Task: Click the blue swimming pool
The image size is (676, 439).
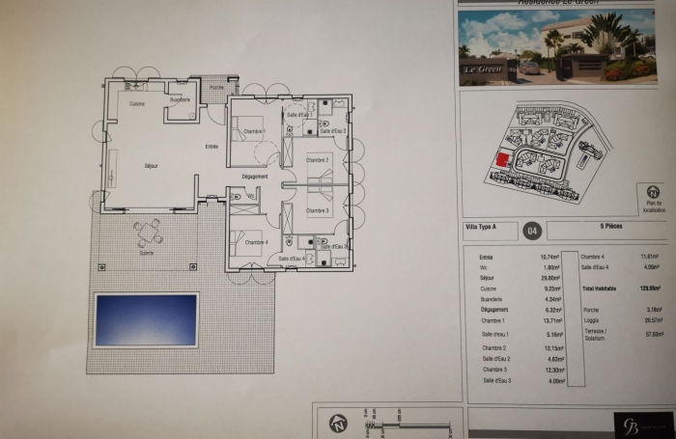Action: pos(146,320)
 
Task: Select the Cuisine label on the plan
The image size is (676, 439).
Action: pos(138,103)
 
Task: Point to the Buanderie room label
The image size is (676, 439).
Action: pos(180,99)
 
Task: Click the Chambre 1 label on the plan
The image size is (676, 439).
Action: pos(253,130)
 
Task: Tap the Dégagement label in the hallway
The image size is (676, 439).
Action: pos(255,176)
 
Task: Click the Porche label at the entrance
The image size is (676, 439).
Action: pos(215,87)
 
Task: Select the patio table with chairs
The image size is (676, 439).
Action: pos(148,233)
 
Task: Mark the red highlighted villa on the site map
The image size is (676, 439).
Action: pos(502,161)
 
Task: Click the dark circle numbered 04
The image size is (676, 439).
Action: pos(531,230)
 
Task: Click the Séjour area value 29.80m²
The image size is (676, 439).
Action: pos(551,277)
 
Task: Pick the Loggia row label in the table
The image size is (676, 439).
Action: pos(590,318)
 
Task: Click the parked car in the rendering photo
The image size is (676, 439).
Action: pos(530,68)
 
